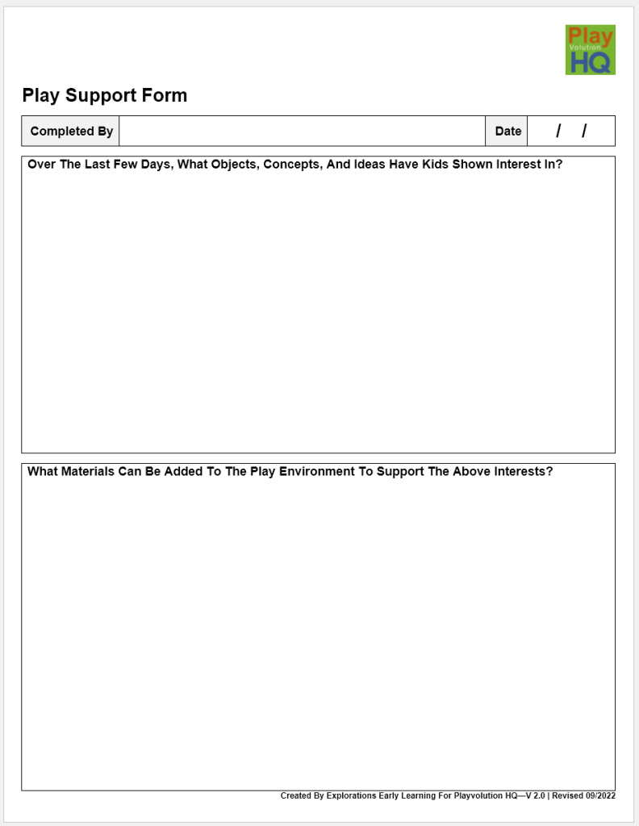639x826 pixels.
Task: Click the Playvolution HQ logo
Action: coord(590,49)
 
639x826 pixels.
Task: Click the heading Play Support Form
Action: coord(104,95)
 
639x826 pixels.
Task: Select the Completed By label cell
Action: coord(71,131)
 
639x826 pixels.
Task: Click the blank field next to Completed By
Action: coord(302,131)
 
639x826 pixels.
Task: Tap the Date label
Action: coord(507,131)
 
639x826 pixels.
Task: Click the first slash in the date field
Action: coord(558,131)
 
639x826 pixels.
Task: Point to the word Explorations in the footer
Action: coord(351,796)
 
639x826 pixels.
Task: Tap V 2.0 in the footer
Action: coord(535,796)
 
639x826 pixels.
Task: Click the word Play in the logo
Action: coord(590,36)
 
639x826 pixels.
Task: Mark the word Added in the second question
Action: coord(184,471)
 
